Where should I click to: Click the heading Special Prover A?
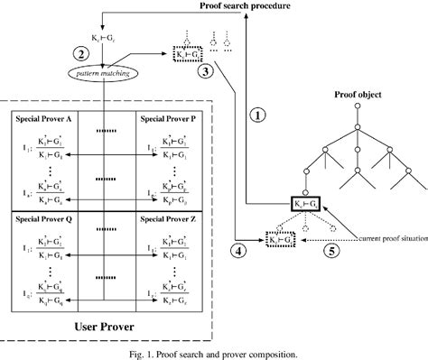tap(51, 119)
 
